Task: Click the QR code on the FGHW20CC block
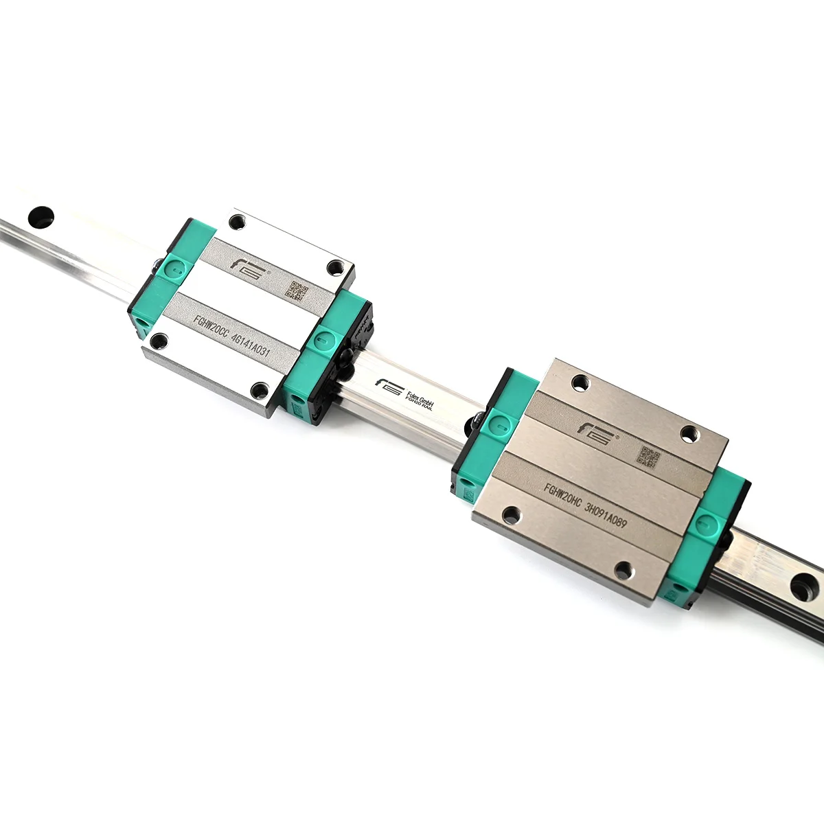tap(296, 290)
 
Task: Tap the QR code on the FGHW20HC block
tap(649, 457)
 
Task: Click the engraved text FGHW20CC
tap(210, 325)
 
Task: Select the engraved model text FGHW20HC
tap(562, 496)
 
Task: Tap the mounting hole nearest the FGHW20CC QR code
tap(336, 266)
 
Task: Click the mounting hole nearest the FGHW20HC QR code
tap(689, 433)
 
